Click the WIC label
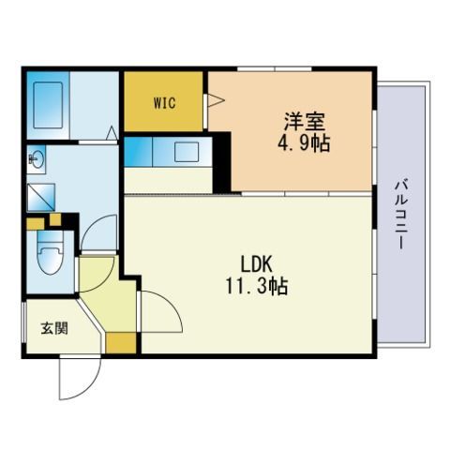point(164,103)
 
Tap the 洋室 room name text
point(304,122)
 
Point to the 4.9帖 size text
point(304,142)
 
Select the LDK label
point(256,264)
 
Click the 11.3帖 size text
point(257,286)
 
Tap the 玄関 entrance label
point(54,328)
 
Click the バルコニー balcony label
point(399,214)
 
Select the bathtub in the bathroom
point(48,105)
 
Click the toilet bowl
point(50,252)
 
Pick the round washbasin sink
point(37,159)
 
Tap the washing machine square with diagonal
point(41,197)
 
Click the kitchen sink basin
point(187,152)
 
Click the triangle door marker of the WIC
point(216,100)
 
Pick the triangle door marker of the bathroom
point(112,133)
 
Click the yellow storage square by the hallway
point(121,343)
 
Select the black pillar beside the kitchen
point(221,162)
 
